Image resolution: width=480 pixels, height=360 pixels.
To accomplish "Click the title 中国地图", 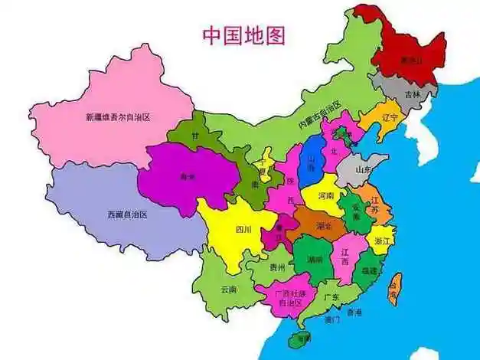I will (x=243, y=36).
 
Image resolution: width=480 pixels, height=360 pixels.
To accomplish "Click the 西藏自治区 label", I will (x=127, y=215).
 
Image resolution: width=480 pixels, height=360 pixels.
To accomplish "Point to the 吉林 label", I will (x=413, y=94).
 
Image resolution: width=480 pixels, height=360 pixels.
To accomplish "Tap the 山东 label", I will (x=364, y=169).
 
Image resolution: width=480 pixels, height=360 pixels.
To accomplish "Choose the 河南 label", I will (x=325, y=196).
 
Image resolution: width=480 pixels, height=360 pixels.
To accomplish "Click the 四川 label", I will (x=243, y=228).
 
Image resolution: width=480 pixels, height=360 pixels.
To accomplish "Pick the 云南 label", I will (x=228, y=289).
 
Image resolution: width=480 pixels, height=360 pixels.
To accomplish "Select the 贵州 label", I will (x=277, y=267).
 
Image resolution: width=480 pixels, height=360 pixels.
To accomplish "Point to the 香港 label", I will (x=354, y=312).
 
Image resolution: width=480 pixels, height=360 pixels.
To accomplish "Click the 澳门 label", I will (x=331, y=319).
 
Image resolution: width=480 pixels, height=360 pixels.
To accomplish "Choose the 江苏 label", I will (x=374, y=208).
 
